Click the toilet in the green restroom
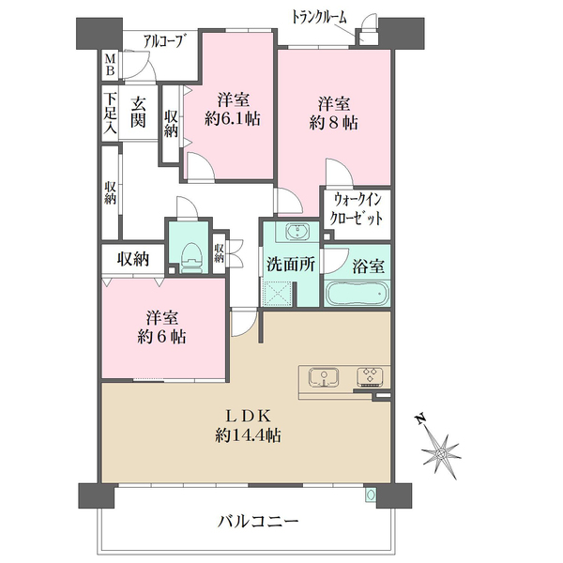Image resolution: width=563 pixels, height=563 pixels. tap(192, 258)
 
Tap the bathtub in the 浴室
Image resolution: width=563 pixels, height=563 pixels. tap(358, 294)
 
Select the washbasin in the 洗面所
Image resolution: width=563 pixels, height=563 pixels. tap(297, 232)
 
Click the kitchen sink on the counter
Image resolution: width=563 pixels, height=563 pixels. tap(324, 377)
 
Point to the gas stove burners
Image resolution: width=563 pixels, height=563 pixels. tap(370, 376)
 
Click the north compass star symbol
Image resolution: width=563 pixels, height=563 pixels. tap(441, 454)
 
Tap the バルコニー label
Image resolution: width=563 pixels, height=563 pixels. tap(258, 521)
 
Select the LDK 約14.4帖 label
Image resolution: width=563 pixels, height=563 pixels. tap(248, 426)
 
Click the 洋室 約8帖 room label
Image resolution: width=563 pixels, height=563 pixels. tap(333, 114)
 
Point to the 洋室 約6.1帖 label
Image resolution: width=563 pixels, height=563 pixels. tap(233, 109)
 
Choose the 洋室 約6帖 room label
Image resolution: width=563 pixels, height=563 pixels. tap(161, 327)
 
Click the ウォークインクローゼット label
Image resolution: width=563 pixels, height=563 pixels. tap(356, 208)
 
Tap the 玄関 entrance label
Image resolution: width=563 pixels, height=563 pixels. tap(138, 113)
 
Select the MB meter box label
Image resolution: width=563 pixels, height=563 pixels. tap(110, 64)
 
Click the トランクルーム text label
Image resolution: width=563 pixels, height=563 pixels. tap(319, 17)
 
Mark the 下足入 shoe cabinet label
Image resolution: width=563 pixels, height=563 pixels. tap(110, 114)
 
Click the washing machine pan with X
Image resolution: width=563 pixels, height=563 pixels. tap(277, 293)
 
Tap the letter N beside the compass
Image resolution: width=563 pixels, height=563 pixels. tap(420, 419)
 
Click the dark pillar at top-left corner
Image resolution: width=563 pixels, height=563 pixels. tap(99, 34)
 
